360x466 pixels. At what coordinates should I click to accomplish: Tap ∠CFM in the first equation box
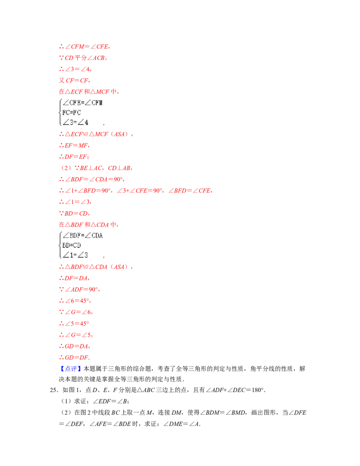pyautogui.click(x=94, y=103)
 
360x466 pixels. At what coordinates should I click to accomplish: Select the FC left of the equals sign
pyautogui.click(x=66, y=113)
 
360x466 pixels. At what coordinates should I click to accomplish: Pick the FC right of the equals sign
pyautogui.click(x=77, y=113)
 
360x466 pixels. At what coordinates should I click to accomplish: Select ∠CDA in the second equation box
pyautogui.click(x=94, y=235)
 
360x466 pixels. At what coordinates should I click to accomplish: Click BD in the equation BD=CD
pyautogui.click(x=66, y=245)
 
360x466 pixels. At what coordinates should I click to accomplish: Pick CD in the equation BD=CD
pyautogui.click(x=77, y=245)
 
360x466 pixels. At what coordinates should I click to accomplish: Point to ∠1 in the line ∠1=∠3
pyautogui.click(x=68, y=255)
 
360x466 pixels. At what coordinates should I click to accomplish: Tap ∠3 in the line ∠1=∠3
pyautogui.click(x=84, y=255)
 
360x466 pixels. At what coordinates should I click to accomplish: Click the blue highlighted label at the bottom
pyautogui.click(x=72, y=369)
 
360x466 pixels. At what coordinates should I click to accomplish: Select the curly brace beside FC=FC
pyautogui.click(x=60, y=112)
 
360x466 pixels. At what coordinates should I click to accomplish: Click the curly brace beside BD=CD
pyautogui.click(x=60, y=245)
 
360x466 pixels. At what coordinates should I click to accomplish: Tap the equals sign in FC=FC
pyautogui.click(x=72, y=113)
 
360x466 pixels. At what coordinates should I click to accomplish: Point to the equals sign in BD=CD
pyautogui.click(x=72, y=245)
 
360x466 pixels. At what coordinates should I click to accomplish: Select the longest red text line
pyautogui.click(x=135, y=191)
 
